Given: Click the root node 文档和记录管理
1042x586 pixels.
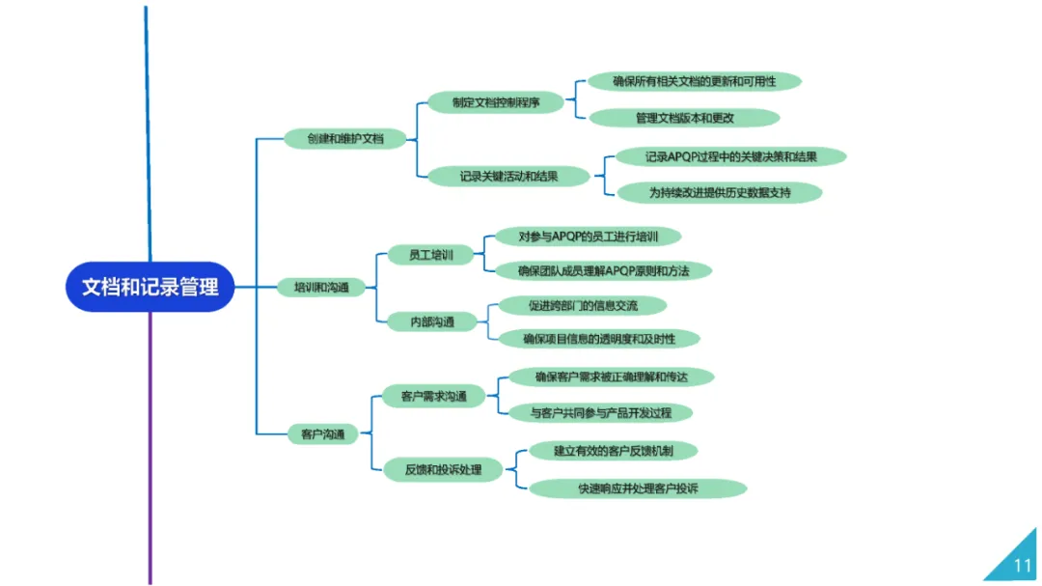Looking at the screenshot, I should tap(150, 287).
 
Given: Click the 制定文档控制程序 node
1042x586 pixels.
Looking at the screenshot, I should tap(495, 102).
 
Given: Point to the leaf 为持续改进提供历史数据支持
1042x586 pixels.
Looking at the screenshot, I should tap(720, 192).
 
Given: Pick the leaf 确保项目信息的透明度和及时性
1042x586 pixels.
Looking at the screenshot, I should tap(598, 339).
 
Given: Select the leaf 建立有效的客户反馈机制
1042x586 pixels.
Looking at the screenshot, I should tap(613, 450).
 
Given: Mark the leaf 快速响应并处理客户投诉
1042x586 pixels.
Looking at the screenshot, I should tap(638, 488).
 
